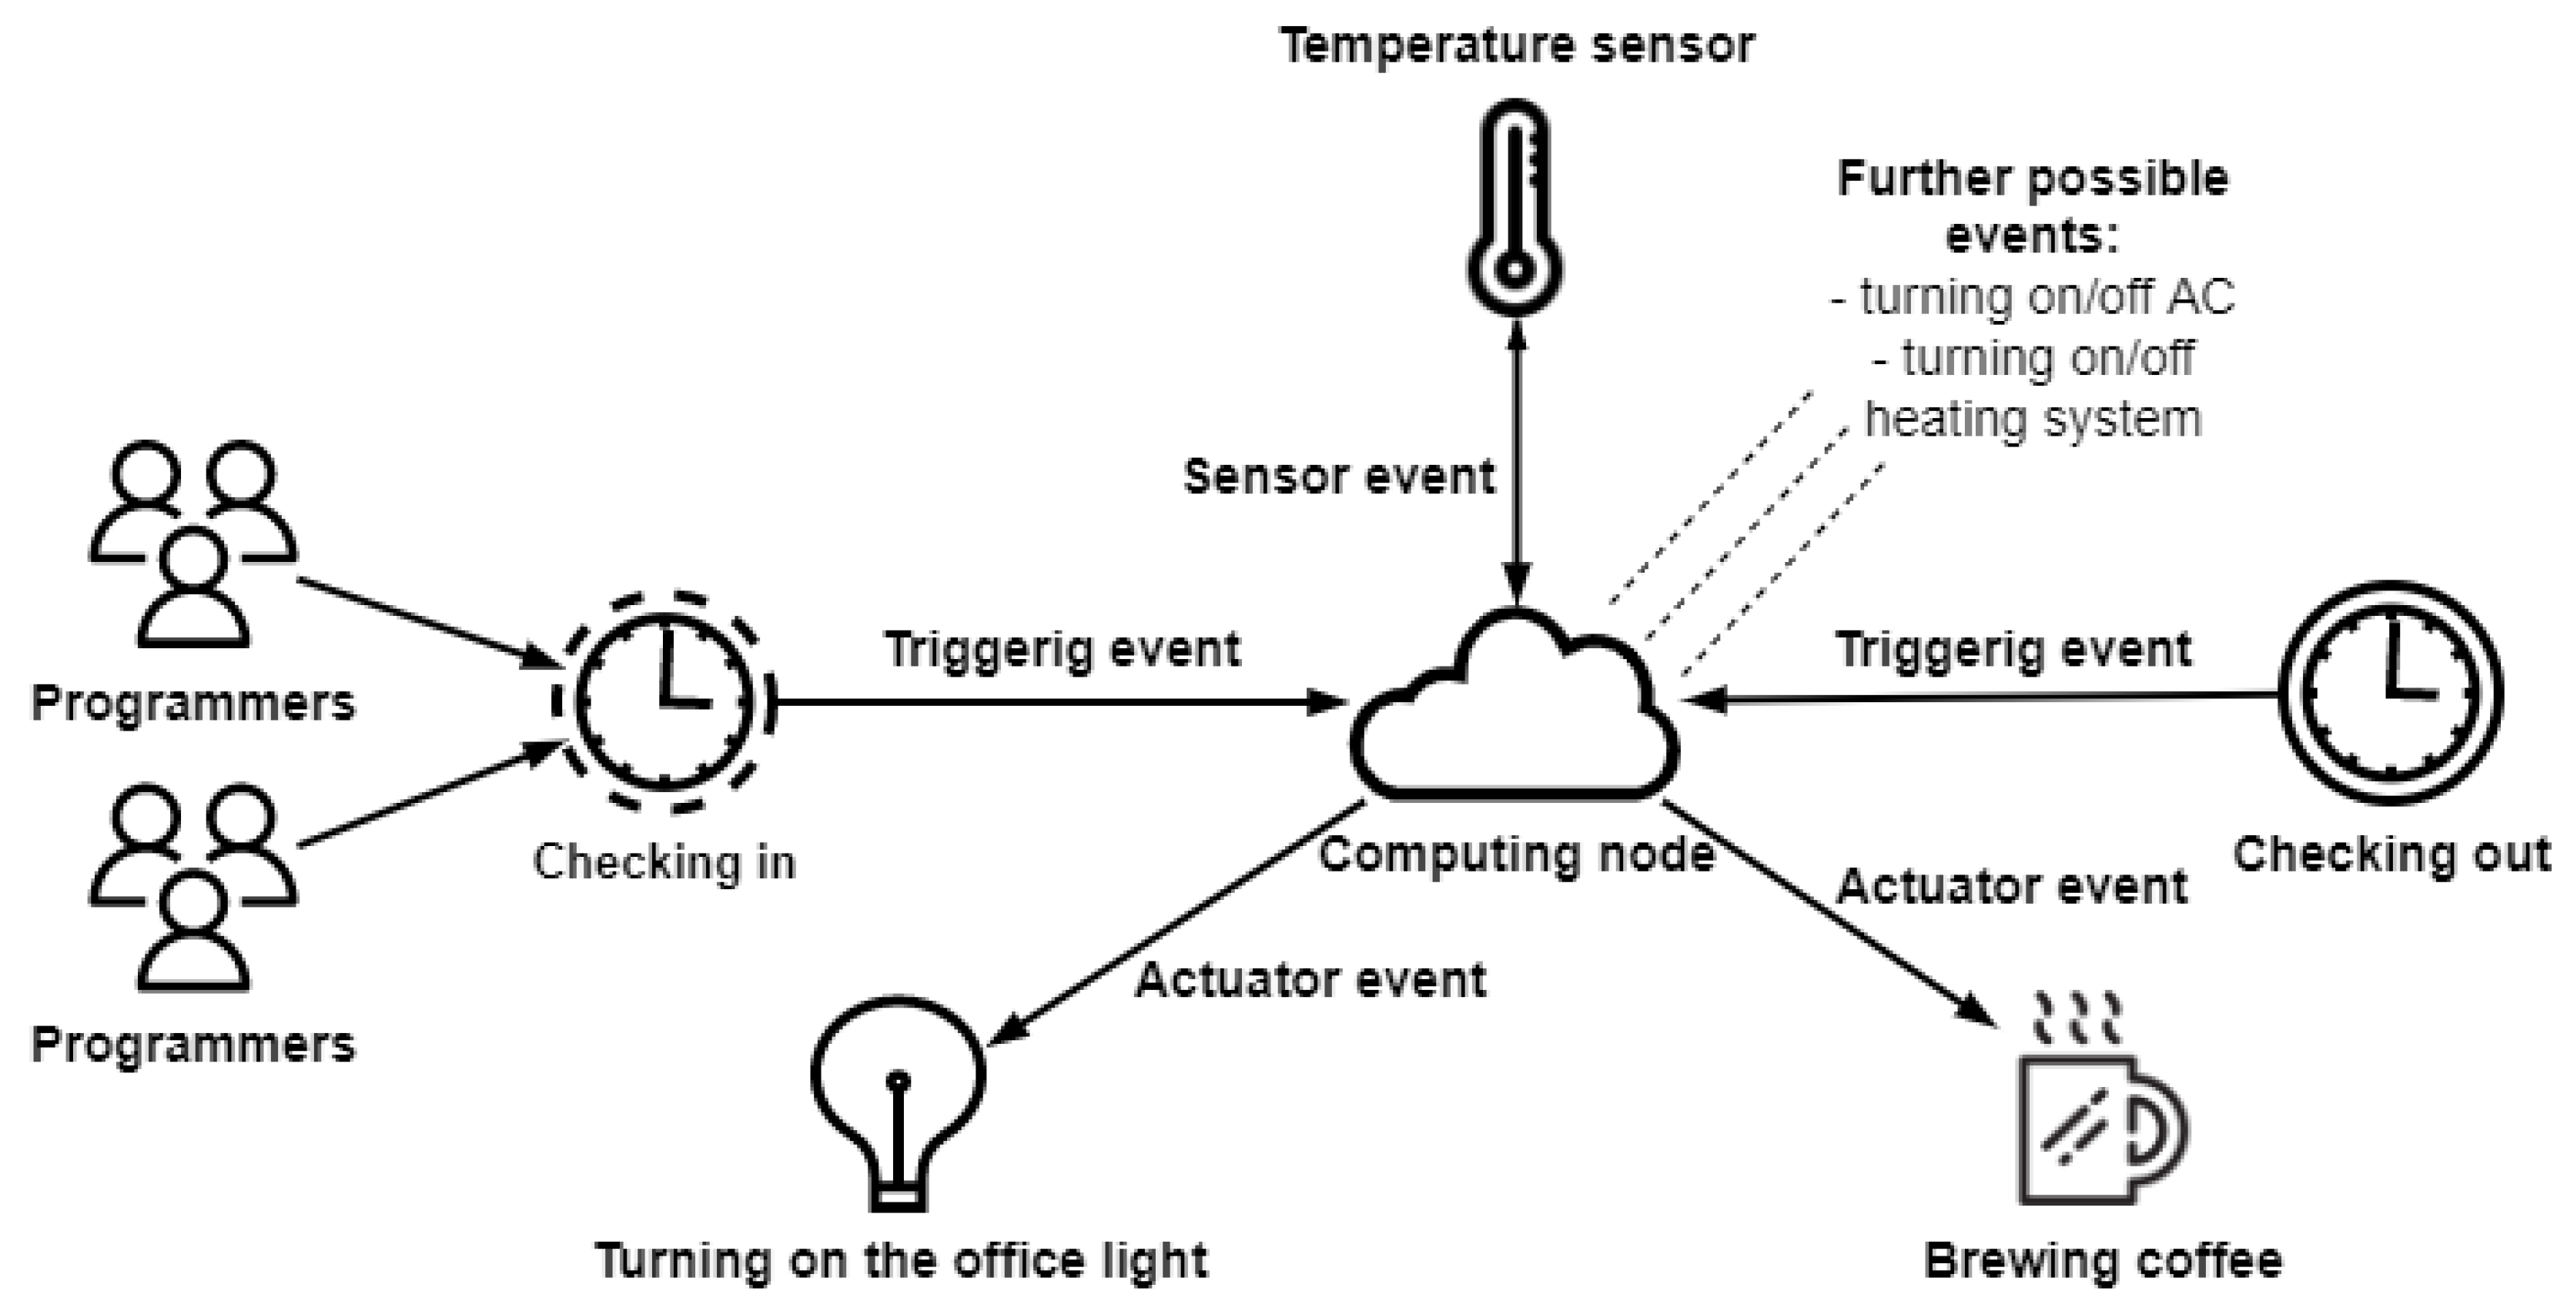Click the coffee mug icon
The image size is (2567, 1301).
click(x=2097, y=1115)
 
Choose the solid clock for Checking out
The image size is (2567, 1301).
click(x=2391, y=692)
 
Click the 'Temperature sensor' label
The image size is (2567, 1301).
click(x=1517, y=46)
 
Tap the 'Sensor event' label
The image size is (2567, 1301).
click(x=1338, y=477)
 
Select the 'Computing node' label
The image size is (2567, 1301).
click(x=1517, y=855)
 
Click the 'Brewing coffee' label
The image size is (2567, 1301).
click(x=2103, y=1261)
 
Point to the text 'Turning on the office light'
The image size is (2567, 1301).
click(x=902, y=1261)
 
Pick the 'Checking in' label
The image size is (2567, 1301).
click(x=664, y=863)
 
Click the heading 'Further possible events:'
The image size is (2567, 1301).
click(x=2033, y=207)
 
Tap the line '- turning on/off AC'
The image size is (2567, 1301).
click(x=2033, y=297)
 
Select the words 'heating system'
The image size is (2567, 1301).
click(x=2033, y=418)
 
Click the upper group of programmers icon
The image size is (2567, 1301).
click(x=193, y=543)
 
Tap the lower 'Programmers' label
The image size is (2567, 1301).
click(x=193, y=1045)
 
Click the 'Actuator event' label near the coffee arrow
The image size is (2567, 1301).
click(x=2011, y=887)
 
